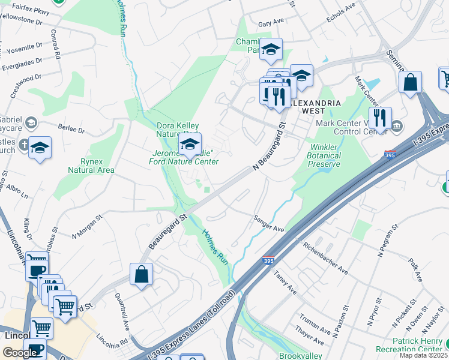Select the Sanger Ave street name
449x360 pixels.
(x=268, y=224)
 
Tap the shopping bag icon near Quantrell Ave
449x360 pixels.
(x=141, y=275)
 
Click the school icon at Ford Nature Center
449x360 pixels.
(x=190, y=145)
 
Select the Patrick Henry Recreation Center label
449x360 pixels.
(x=418, y=345)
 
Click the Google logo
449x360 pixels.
(x=20, y=352)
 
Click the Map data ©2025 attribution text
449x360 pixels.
(x=423, y=355)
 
